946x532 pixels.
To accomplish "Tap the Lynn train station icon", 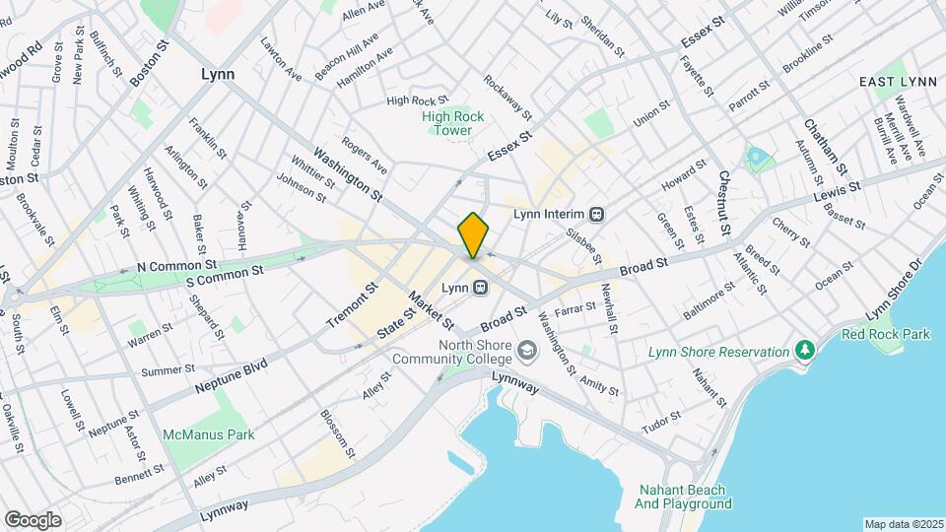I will pyautogui.click(x=480, y=288).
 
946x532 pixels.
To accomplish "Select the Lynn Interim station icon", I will pyautogui.click(x=596, y=214).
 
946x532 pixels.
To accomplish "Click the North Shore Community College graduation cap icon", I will pyautogui.click(x=528, y=351).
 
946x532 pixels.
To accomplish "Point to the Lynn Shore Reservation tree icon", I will pyautogui.click(x=805, y=351).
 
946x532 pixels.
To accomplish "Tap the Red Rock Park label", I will pyautogui.click(x=885, y=334).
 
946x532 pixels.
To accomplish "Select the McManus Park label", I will pyautogui.click(x=209, y=434).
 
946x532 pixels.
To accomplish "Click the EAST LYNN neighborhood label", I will pyautogui.click(x=895, y=81).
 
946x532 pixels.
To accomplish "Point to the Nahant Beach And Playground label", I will pyautogui.click(x=682, y=497).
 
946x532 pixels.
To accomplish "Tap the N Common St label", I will pyautogui.click(x=176, y=266).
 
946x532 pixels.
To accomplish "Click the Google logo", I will pyautogui.click(x=33, y=520).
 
